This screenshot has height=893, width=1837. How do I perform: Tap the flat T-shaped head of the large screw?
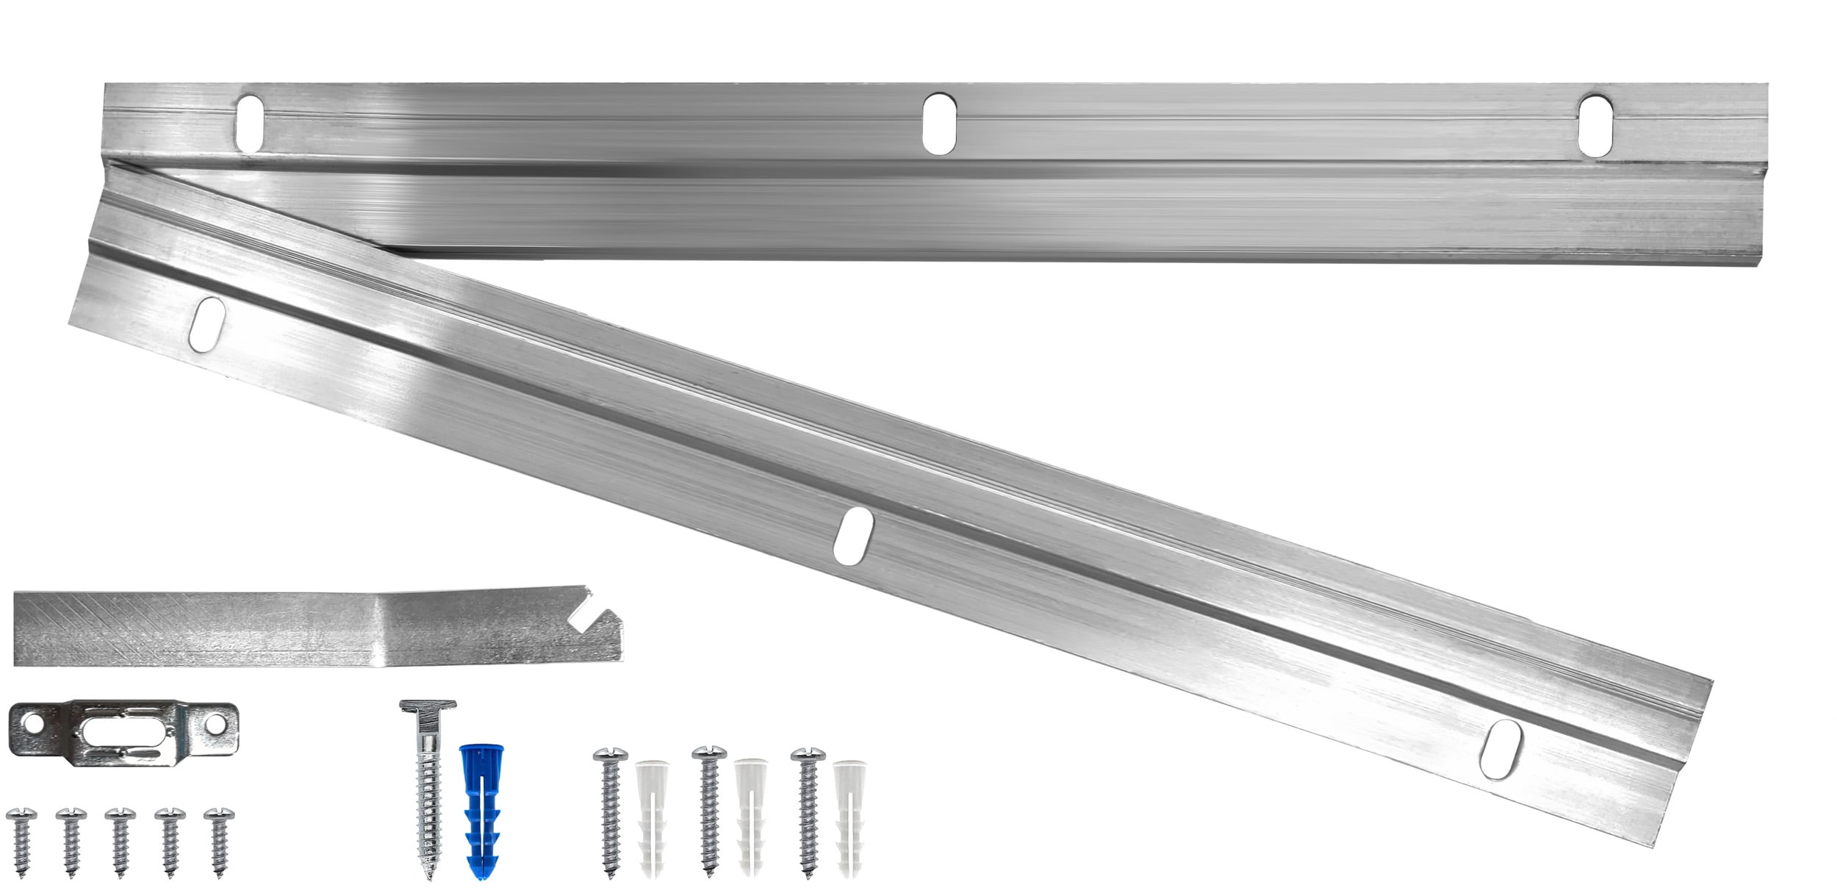(x=428, y=706)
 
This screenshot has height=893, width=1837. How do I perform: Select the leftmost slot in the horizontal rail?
(x=250, y=123)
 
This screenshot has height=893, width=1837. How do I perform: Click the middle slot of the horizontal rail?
(x=938, y=123)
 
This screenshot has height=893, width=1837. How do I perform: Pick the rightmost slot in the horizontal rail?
(x=1595, y=125)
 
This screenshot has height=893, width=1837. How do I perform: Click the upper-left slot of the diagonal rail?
(x=206, y=323)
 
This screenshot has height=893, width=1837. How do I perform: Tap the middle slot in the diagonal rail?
(x=853, y=536)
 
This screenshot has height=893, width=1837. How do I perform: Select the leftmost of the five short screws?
(x=21, y=841)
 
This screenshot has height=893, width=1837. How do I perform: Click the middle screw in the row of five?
(x=121, y=841)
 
